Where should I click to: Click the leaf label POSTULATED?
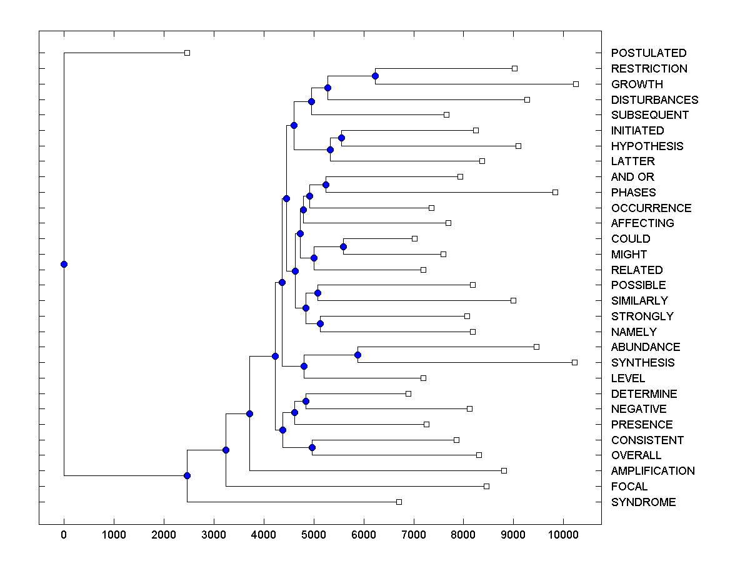click(649, 53)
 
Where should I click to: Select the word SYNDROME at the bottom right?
click(643, 502)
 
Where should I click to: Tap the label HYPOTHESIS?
click(647, 146)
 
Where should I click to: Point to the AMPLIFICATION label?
click(652, 471)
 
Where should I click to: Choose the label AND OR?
click(632, 177)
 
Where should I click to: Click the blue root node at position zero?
click(64, 264)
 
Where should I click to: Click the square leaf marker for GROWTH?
click(576, 84)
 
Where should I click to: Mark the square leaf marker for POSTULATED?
click(187, 53)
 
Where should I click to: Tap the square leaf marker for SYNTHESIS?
click(574, 362)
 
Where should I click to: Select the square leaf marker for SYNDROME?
click(399, 502)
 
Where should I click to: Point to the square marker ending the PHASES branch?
click(555, 192)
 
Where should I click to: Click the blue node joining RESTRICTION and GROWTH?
click(375, 76)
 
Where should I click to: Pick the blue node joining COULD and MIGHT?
click(343, 246)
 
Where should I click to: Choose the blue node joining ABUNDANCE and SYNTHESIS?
click(357, 355)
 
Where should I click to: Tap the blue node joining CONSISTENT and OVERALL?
click(312, 447)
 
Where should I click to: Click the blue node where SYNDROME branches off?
click(187, 475)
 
